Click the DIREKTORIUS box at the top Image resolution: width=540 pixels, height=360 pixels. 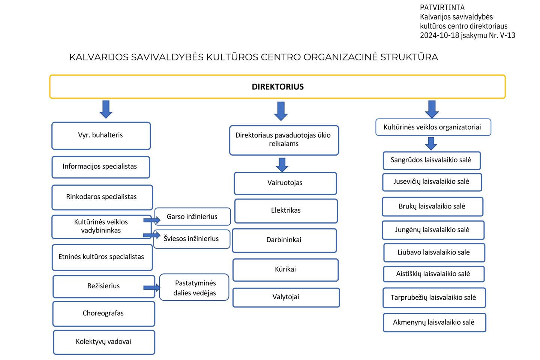click(277, 87)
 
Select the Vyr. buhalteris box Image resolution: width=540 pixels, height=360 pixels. click(101, 136)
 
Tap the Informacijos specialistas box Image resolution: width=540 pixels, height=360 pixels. click(101, 167)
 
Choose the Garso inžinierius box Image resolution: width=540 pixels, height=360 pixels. click(192, 216)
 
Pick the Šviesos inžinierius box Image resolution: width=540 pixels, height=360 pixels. click(192, 239)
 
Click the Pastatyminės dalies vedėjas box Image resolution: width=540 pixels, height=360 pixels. click(194, 287)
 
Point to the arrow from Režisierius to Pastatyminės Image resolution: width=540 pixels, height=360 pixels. click(151, 287)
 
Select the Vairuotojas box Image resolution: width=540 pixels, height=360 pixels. click(285, 183)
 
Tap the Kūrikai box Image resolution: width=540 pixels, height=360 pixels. click(285, 270)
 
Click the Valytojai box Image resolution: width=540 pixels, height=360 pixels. click(286, 297)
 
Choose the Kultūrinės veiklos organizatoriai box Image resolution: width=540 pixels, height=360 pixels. click(433, 127)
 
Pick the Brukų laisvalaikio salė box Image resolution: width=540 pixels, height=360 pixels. click(432, 207)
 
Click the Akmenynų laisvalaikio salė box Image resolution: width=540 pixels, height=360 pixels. click(434, 322)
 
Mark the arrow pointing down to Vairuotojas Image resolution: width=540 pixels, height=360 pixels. click(282, 165)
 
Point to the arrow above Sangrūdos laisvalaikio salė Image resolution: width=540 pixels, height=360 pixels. click(431, 144)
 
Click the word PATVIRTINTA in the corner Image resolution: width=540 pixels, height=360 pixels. click(442, 8)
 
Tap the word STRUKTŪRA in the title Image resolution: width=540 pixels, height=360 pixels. click(409, 57)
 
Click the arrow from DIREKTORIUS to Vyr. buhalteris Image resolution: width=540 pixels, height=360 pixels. click(106, 109)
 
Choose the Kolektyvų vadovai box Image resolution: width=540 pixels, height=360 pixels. click(104, 342)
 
